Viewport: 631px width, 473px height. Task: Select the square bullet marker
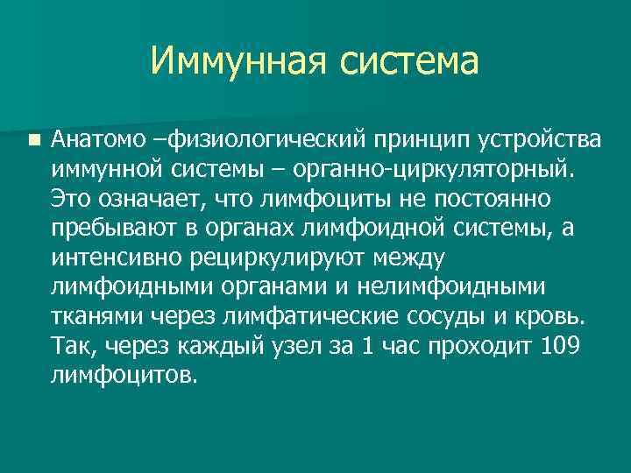coord(33,138)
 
